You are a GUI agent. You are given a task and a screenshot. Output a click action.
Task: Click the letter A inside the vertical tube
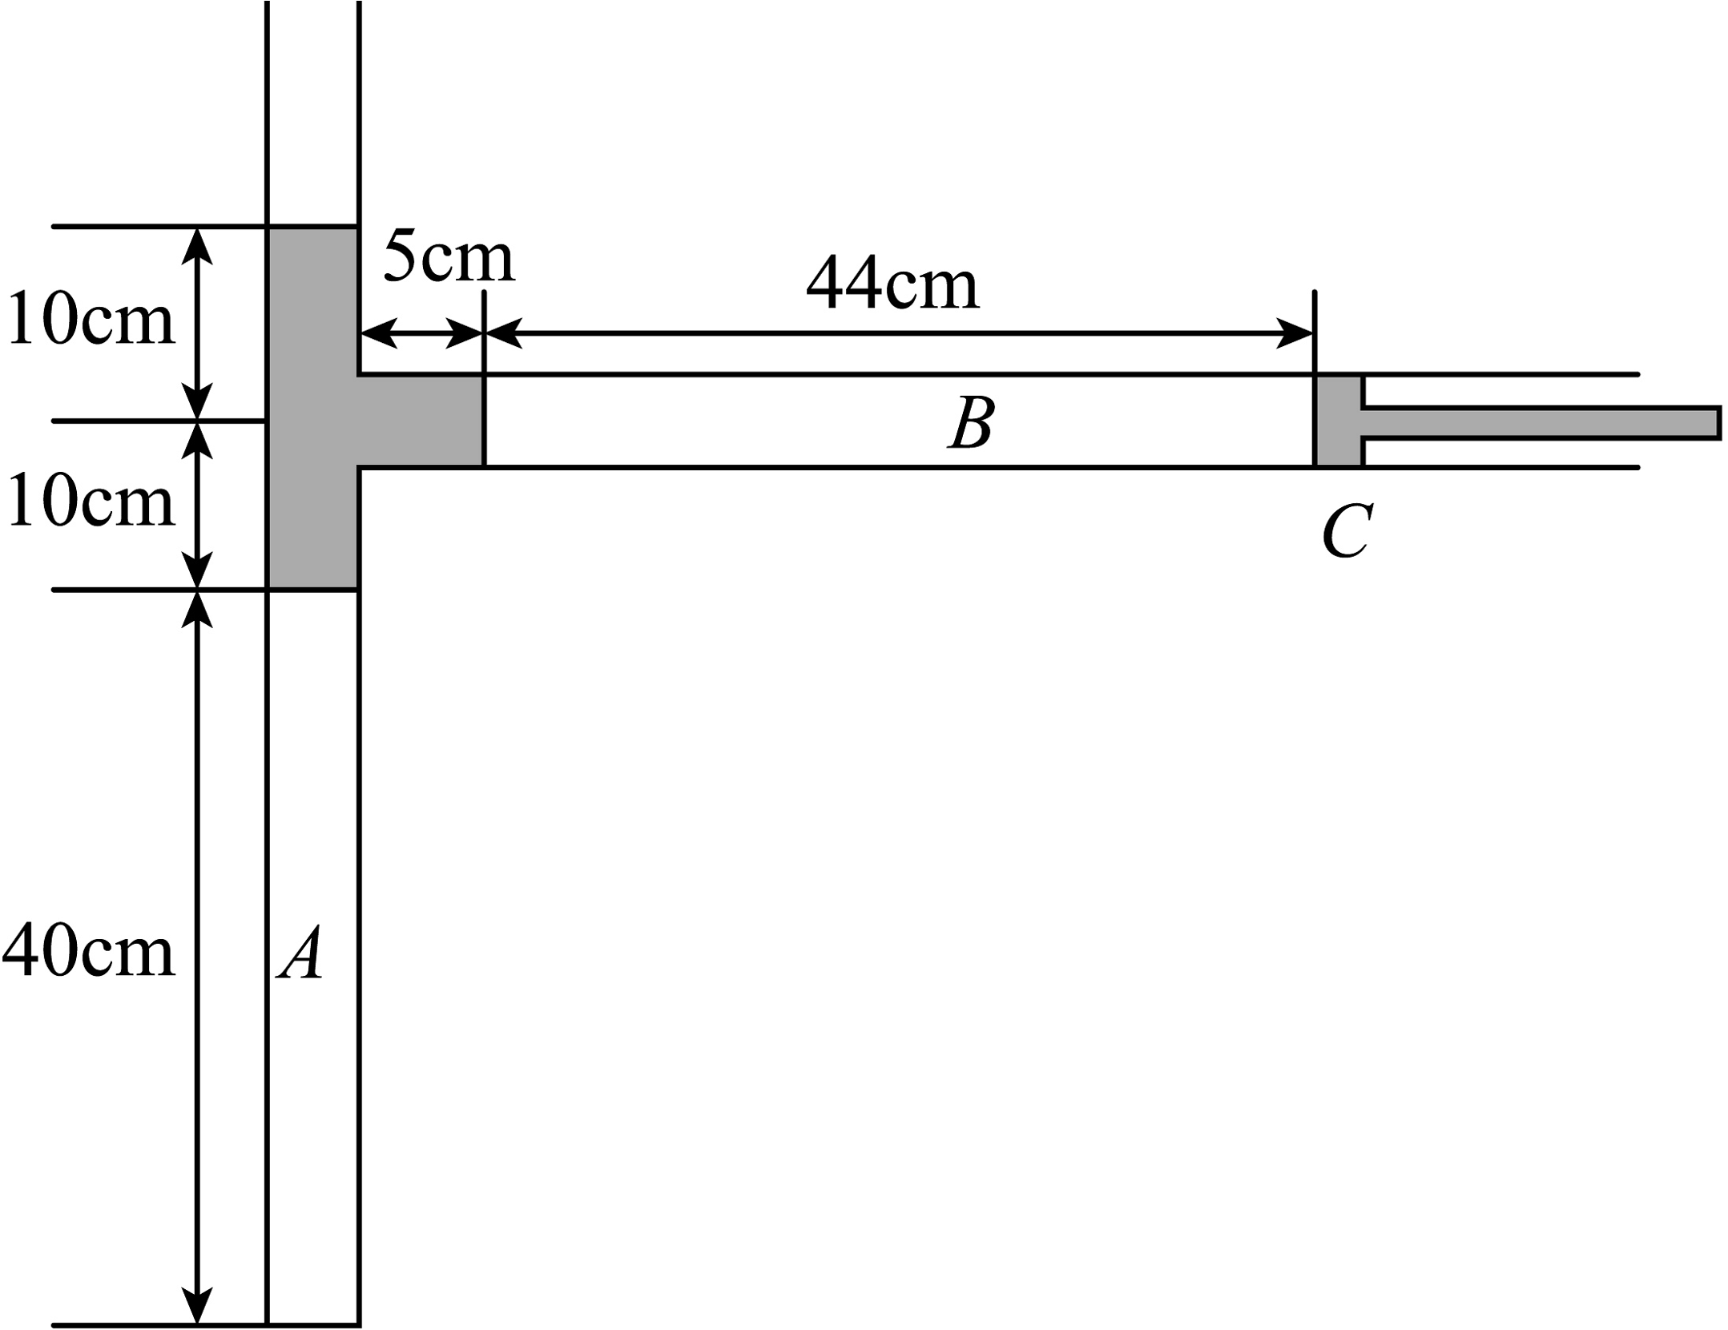click(x=301, y=953)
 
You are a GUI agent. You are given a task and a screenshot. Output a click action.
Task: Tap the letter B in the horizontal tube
click(x=972, y=423)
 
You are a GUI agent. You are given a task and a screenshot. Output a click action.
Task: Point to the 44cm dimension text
click(x=892, y=284)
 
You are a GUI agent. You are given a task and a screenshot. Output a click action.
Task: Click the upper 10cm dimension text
click(x=91, y=319)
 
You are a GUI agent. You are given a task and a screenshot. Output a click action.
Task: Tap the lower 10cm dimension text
click(x=91, y=501)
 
